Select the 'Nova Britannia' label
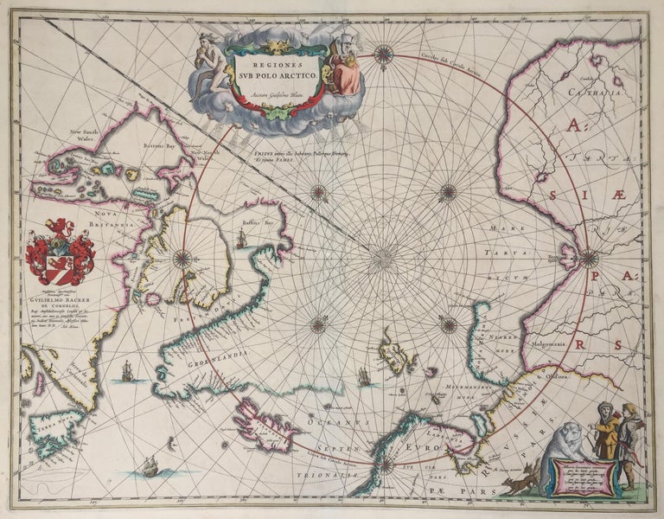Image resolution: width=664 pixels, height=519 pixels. [x=99, y=221]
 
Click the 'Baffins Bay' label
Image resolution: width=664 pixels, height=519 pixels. [x=257, y=223]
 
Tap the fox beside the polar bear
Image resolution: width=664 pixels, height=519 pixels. [x=519, y=481]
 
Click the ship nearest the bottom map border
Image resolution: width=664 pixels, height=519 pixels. [x=150, y=466]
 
